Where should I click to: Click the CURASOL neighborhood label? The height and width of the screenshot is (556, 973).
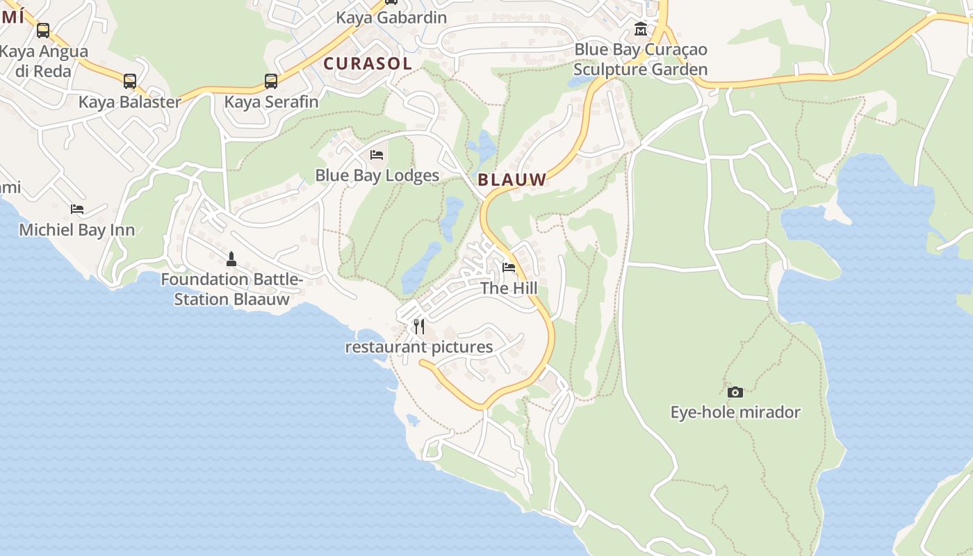coord(368,63)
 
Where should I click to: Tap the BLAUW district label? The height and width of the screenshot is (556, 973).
coord(512,179)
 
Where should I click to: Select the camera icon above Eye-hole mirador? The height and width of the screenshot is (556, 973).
coord(735,392)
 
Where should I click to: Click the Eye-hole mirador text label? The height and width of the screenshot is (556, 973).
coord(735,412)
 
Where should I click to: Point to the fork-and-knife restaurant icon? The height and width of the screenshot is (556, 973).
coord(419,326)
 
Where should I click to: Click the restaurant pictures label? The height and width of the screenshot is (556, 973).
coord(419,347)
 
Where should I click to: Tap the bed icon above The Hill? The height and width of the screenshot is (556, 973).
coord(509,268)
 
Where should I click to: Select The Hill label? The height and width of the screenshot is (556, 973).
coord(509,288)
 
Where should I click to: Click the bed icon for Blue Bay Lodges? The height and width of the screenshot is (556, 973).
coord(377,154)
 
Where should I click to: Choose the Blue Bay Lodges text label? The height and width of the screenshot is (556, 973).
coord(377,175)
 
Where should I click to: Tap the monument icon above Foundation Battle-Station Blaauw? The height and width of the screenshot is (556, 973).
coord(231,259)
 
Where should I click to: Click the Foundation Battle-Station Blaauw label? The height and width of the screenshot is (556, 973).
coord(231,289)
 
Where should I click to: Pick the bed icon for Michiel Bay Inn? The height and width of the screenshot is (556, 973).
coord(77,209)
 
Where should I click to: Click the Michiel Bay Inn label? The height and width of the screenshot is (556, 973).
coord(77,230)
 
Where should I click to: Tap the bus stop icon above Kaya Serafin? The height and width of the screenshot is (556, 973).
coord(271,81)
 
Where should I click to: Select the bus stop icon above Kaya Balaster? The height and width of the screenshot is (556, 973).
coord(130,81)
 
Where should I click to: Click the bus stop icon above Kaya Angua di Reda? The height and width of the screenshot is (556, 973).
coord(43,31)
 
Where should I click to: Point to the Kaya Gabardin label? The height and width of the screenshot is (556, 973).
coord(391,17)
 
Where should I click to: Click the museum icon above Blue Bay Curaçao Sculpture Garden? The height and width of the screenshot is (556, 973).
coord(641,29)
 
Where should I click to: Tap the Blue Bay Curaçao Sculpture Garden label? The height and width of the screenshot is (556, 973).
coord(641,60)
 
